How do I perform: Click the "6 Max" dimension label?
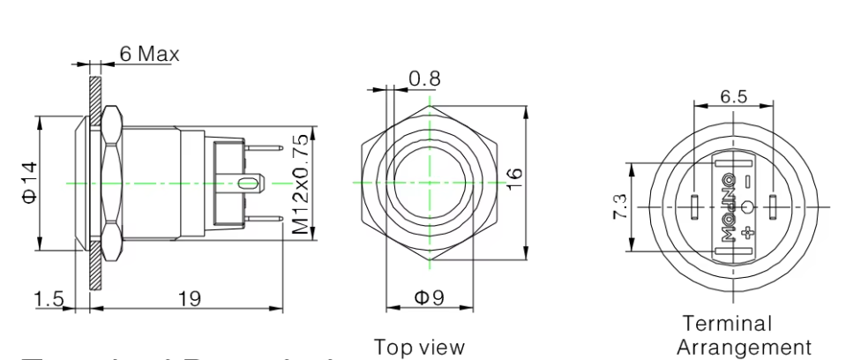149,54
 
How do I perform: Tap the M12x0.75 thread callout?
302,184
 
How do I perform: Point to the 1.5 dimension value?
49,299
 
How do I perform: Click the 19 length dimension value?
189,299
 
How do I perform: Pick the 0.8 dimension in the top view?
424,79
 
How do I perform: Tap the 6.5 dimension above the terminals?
733,97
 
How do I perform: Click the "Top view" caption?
418,347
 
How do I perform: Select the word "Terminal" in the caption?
728,324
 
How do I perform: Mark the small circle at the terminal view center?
749,207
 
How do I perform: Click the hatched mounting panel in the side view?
93,265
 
